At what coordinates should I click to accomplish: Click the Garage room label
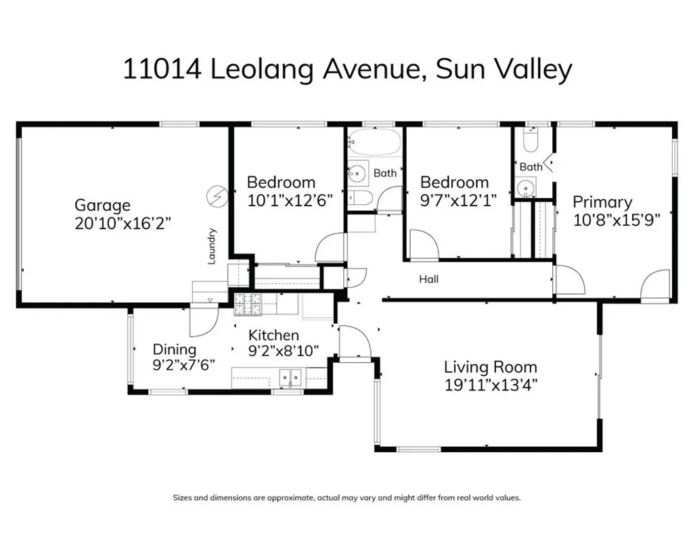(102, 205)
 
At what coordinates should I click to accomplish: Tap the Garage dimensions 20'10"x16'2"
(123, 224)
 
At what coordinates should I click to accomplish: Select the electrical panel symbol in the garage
(216, 197)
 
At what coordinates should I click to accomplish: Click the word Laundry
(212, 246)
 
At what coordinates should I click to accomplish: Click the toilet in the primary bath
(531, 141)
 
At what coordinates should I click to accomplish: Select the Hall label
(428, 278)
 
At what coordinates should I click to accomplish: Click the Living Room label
(490, 367)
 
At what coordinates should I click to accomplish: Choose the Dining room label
(174, 349)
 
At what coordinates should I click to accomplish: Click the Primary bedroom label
(602, 202)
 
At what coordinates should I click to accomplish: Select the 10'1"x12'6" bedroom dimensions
(290, 200)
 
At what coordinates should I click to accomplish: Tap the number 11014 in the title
(161, 70)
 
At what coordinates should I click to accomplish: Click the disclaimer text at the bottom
(346, 497)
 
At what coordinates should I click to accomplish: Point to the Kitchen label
(273, 335)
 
